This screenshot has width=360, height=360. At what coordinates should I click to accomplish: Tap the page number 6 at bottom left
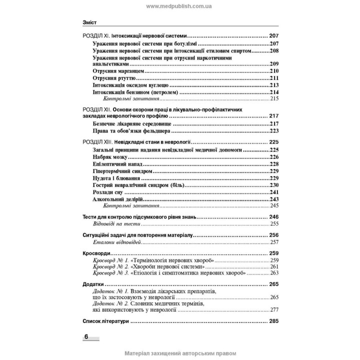(x=86, y=335)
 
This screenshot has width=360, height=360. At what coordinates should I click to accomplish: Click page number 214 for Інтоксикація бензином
(x=273, y=92)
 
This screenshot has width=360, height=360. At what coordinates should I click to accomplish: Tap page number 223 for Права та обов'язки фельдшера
(x=273, y=130)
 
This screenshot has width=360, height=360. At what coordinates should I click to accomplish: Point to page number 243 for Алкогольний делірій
(x=273, y=199)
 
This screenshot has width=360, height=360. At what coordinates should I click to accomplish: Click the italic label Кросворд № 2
(x=111, y=267)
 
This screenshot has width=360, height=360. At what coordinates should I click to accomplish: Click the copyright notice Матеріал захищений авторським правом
(x=179, y=353)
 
